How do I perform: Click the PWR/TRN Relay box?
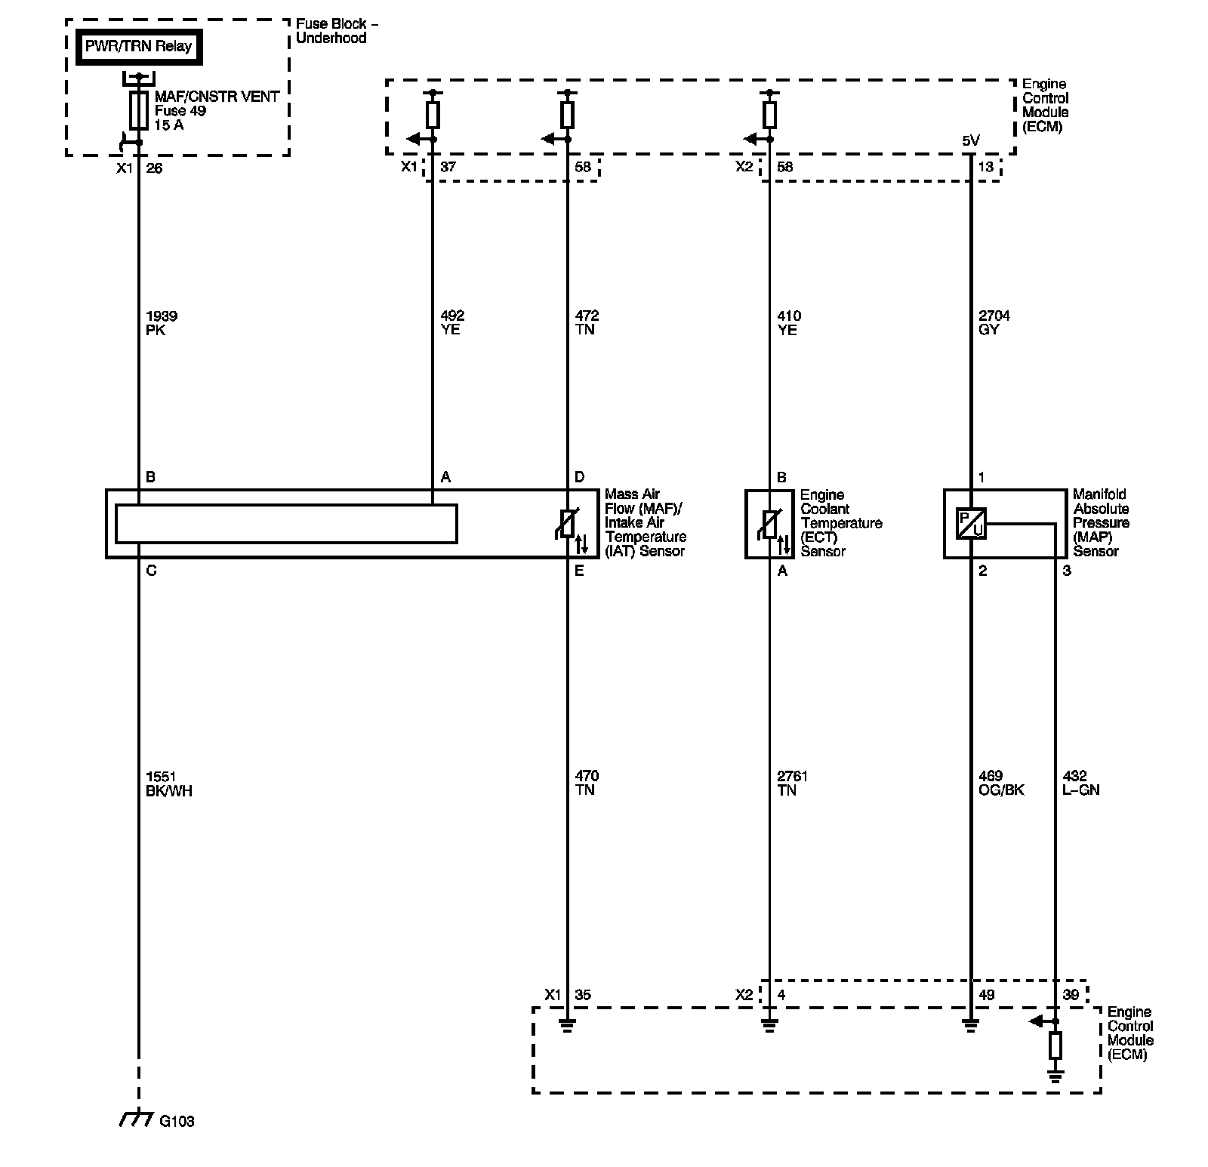click(x=138, y=47)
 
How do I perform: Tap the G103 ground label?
click(x=177, y=1121)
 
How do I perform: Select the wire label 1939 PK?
click(x=162, y=322)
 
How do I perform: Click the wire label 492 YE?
click(x=451, y=322)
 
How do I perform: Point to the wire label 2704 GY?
click(x=994, y=322)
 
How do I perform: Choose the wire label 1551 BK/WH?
click(x=168, y=783)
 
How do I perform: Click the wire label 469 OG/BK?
click(x=1001, y=783)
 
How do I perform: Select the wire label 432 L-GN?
click(x=1080, y=783)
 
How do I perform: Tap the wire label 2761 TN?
click(x=793, y=783)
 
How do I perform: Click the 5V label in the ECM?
click(x=970, y=140)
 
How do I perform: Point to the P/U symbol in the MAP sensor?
click(x=971, y=524)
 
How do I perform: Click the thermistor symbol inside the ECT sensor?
click(x=769, y=524)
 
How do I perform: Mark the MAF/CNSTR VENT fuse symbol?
click(x=138, y=111)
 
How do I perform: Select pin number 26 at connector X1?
click(x=154, y=168)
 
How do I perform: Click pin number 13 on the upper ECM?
click(x=985, y=167)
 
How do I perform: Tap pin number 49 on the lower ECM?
click(x=986, y=995)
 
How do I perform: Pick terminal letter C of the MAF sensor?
click(x=151, y=571)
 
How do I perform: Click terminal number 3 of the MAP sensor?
click(x=1067, y=571)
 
